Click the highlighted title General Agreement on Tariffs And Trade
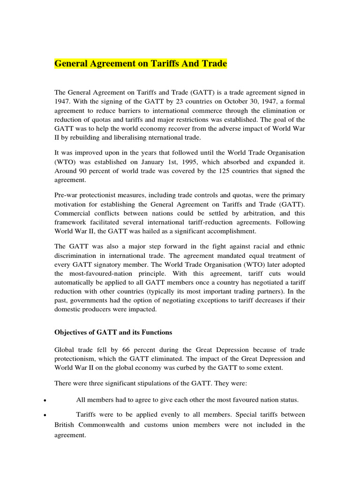pyautogui.click(x=141, y=63)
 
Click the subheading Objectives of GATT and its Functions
pyautogui.click(x=113, y=332)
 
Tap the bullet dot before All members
pyautogui.click(x=43, y=401)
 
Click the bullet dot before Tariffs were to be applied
pyautogui.click(x=43, y=416)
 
